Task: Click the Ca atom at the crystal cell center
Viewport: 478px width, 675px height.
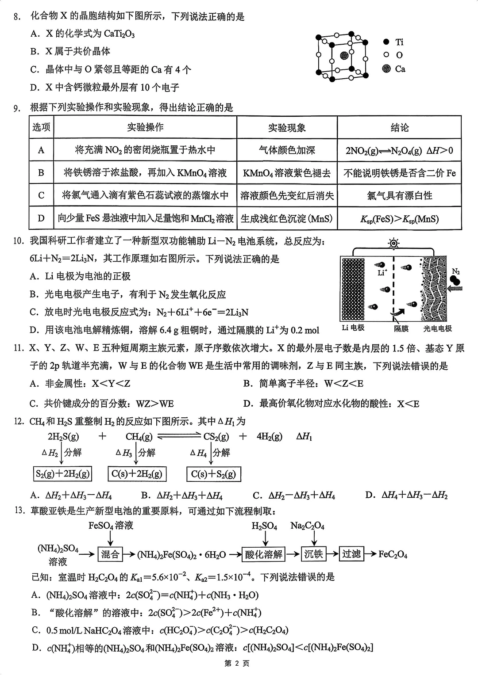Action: [x=344, y=56]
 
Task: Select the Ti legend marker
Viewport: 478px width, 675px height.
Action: [x=386, y=42]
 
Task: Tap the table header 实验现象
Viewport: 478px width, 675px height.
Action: [x=287, y=128]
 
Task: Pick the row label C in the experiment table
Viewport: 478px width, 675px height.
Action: [x=41, y=195]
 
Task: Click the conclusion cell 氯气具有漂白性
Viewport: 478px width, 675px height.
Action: [x=399, y=195]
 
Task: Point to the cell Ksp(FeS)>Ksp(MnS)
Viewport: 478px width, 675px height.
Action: [x=399, y=219]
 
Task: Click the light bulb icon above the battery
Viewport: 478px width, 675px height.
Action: [x=393, y=243]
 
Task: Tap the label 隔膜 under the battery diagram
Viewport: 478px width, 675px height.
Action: [x=401, y=328]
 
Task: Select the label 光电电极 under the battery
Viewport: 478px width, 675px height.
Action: [x=437, y=328]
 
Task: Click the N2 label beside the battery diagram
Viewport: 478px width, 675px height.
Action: [x=456, y=271]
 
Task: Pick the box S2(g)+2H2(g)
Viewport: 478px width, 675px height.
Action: [x=62, y=474]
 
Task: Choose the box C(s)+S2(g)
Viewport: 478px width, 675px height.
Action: [x=213, y=474]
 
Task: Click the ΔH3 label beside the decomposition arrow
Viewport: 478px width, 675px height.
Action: [x=124, y=453]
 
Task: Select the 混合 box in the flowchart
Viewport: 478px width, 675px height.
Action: [x=110, y=554]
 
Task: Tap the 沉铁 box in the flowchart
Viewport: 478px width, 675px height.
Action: [x=313, y=554]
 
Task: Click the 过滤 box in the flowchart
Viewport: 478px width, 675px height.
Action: [x=351, y=554]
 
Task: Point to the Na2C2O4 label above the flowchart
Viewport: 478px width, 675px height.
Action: [x=307, y=526]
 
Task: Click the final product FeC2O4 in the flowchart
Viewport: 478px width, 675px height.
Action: [x=393, y=554]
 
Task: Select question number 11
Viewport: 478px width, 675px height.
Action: [x=18, y=348]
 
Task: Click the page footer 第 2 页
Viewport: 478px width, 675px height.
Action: [x=237, y=664]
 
